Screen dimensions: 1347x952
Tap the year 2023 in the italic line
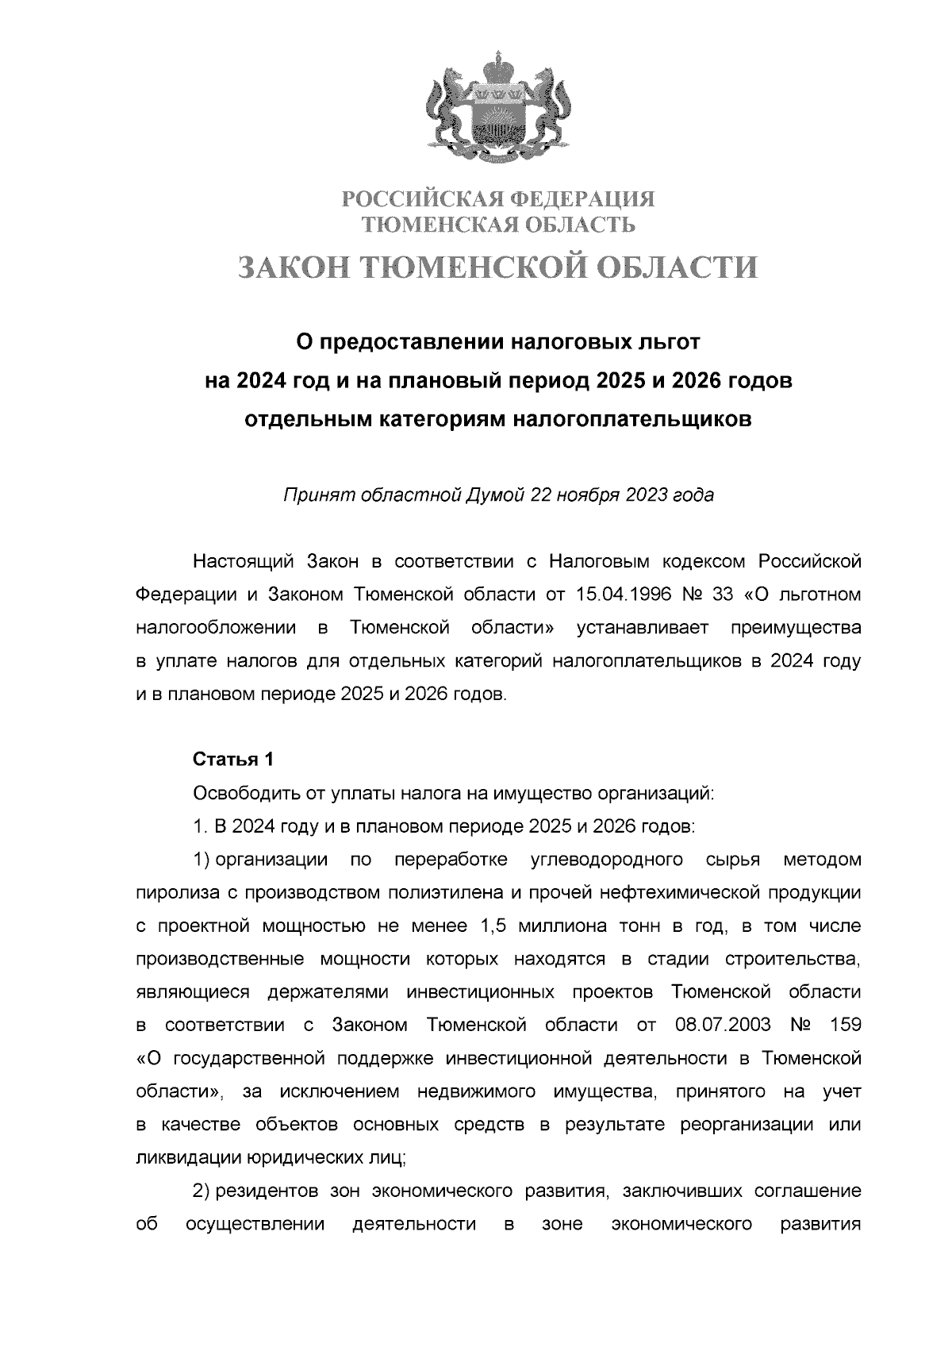tap(647, 495)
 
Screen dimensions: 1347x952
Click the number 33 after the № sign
tap(727, 595)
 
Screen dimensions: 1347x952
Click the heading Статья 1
tap(233, 759)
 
